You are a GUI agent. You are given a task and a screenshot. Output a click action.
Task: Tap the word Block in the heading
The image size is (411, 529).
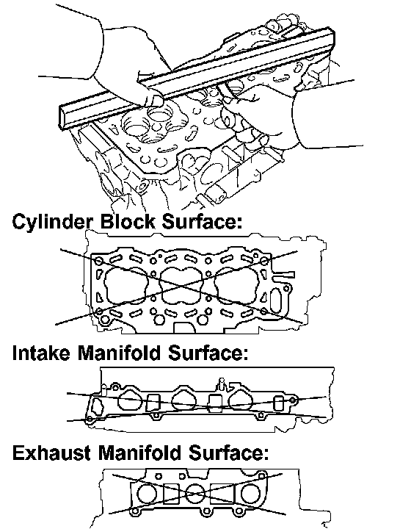point(128,222)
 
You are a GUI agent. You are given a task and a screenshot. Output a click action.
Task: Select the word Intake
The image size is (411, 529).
point(41,353)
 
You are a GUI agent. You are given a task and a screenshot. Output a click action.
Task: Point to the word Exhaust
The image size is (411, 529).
point(51,453)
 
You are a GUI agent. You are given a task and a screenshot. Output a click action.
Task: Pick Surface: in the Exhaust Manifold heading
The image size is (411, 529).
point(228,453)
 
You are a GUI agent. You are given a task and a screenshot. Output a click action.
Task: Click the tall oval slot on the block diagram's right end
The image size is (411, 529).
point(275,300)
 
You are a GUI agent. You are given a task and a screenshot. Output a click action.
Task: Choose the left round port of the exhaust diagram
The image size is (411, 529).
point(147,494)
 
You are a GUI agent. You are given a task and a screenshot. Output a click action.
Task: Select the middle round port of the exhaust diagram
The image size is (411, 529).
point(194,494)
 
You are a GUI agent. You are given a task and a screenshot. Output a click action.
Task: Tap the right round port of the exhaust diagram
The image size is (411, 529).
point(250,493)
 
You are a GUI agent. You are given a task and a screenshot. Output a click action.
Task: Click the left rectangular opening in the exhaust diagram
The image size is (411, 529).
point(171,494)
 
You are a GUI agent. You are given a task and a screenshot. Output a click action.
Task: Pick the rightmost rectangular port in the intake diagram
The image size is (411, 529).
point(278,403)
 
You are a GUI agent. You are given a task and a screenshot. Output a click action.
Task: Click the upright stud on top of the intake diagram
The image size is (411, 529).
point(222,384)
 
